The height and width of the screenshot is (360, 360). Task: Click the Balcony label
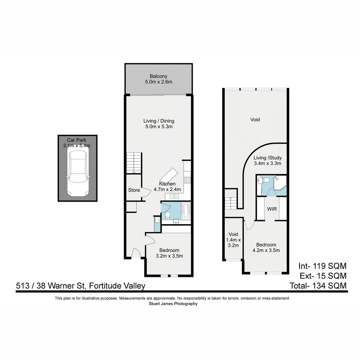[x=158, y=76]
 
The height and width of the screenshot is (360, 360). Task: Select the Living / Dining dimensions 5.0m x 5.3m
[x=159, y=127]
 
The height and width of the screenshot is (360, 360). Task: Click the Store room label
[x=134, y=190]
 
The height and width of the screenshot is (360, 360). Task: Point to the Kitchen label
[x=167, y=184]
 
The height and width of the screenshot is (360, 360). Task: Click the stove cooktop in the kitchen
[x=187, y=180]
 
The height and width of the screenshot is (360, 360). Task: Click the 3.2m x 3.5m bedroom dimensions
[x=169, y=256]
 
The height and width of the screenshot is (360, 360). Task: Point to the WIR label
[x=272, y=209]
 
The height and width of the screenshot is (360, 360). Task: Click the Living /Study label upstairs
[x=267, y=158]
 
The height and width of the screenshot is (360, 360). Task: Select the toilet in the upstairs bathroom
[x=265, y=180]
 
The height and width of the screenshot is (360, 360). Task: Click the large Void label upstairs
[x=255, y=119]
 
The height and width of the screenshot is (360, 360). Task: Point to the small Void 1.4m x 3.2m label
[x=233, y=240]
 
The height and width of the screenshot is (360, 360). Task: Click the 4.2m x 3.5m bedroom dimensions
[x=266, y=250]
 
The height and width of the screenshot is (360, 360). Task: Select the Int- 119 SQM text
[x=322, y=266]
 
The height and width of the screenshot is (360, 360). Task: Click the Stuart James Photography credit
[x=173, y=304]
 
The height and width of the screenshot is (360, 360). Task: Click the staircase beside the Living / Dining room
[x=134, y=163]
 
